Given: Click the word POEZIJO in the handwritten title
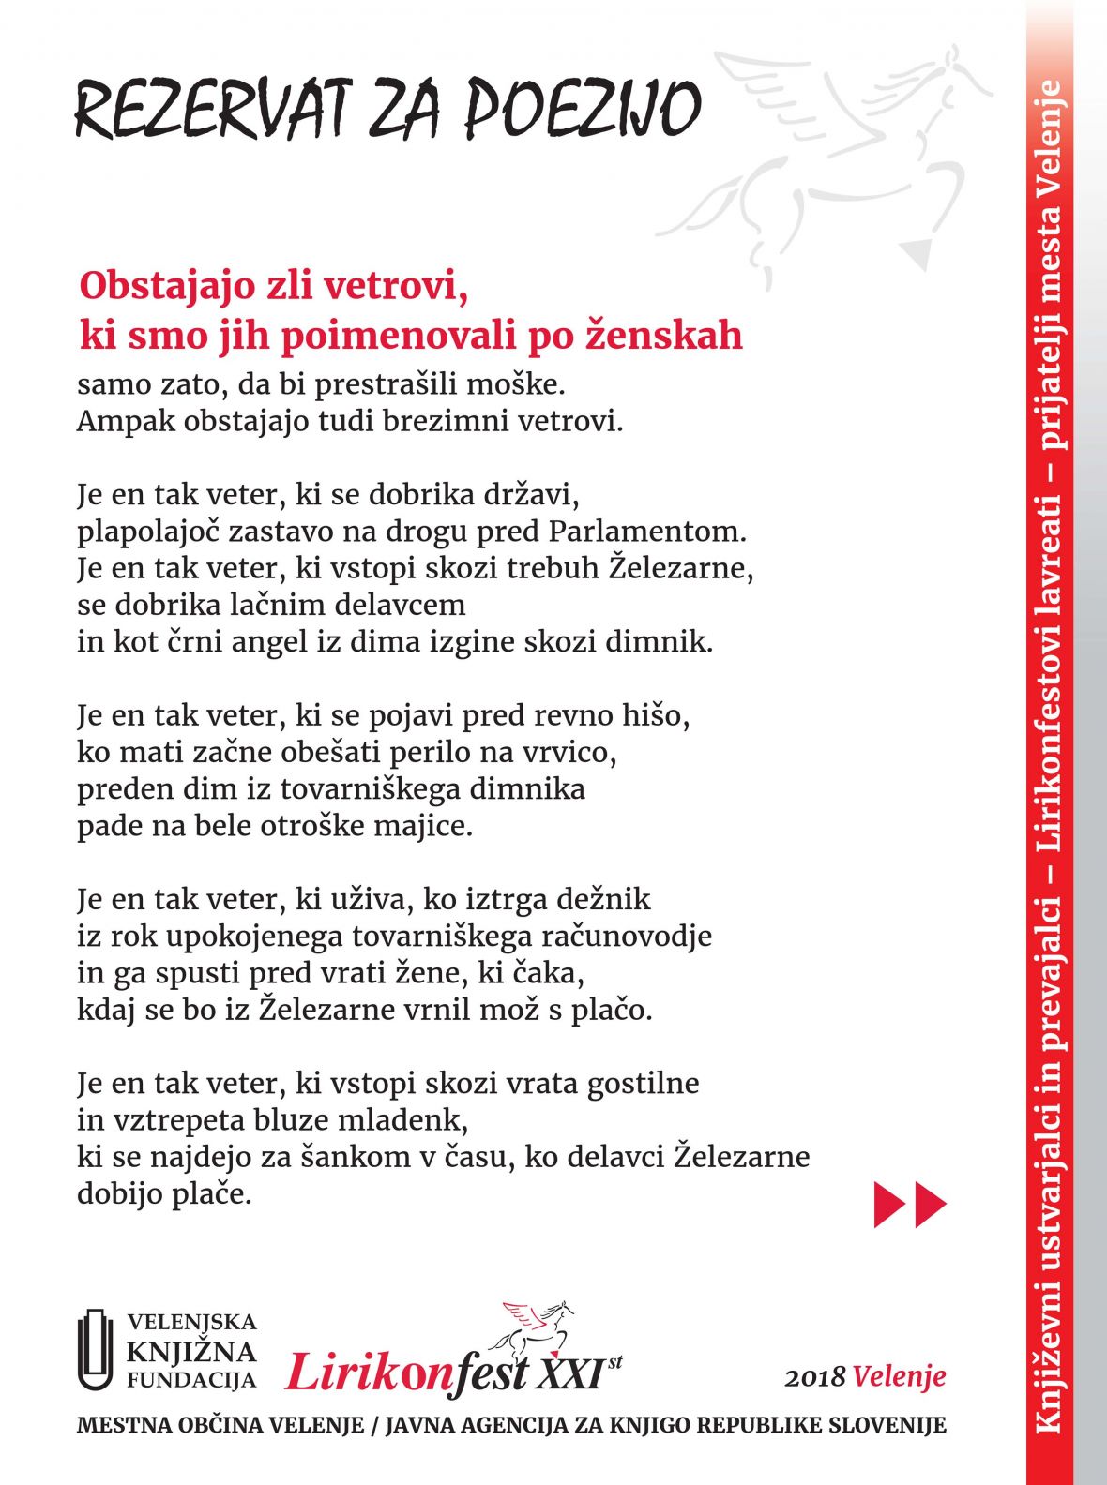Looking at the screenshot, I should (583, 108).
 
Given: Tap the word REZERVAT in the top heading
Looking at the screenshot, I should (211, 108).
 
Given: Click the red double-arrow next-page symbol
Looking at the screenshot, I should (910, 1204).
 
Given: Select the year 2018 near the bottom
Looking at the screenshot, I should (816, 1377).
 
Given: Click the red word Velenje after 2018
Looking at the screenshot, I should (900, 1376).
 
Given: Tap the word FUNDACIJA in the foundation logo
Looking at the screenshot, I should (191, 1380).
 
